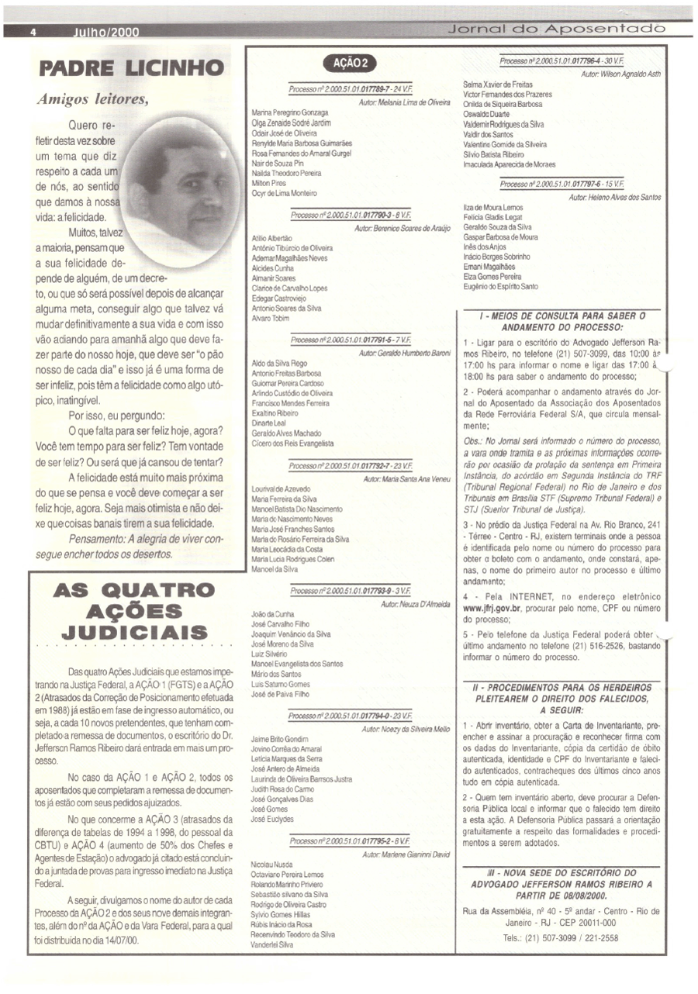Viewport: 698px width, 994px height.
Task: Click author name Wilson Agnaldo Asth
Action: click(620, 72)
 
